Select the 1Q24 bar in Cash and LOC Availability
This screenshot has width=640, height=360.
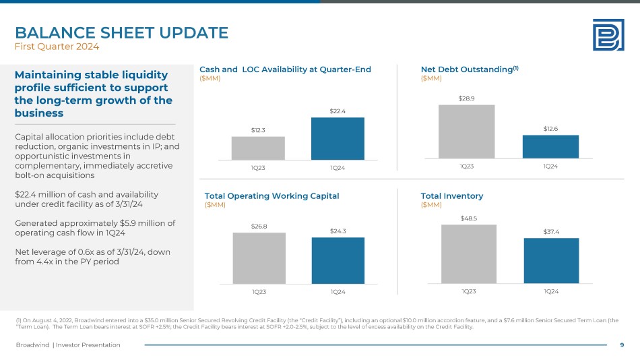click(x=338, y=138)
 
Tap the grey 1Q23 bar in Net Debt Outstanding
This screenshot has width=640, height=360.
click(x=466, y=130)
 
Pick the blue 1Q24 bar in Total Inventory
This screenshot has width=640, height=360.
click(x=551, y=260)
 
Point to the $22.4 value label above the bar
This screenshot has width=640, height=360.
click(x=338, y=111)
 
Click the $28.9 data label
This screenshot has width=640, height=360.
click(x=466, y=98)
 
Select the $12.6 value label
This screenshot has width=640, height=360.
click(x=550, y=129)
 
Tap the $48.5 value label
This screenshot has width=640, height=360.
click(x=469, y=218)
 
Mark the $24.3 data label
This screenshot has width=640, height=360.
click(x=338, y=231)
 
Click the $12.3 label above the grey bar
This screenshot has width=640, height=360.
click(x=258, y=130)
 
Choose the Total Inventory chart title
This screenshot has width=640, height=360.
click(x=451, y=196)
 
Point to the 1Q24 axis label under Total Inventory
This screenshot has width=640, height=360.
click(x=550, y=291)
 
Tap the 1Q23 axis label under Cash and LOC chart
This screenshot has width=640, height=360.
click(x=258, y=167)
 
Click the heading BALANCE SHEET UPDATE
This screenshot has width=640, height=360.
click(x=121, y=32)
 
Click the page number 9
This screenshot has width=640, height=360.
click(x=621, y=345)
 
